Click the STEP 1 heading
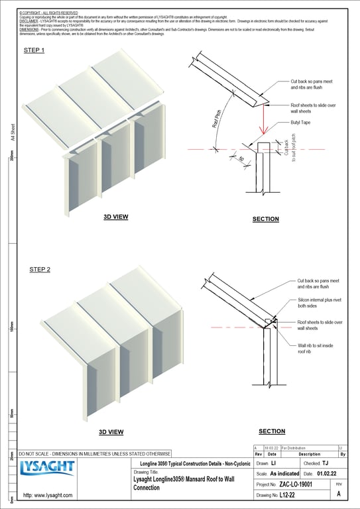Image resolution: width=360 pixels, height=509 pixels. pyautogui.click(x=34, y=50)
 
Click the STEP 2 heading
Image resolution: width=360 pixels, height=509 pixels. pyautogui.click(x=40, y=270)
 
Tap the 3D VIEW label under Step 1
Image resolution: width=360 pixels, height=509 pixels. pyautogui.click(x=115, y=217)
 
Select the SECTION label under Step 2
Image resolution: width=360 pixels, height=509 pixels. pyautogui.click(x=272, y=431)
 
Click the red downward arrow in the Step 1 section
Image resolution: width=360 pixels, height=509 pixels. pyautogui.click(x=263, y=122)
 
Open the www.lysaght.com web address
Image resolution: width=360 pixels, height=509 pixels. pyautogui.click(x=48, y=495)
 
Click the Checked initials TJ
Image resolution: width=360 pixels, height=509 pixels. pyautogui.click(x=325, y=463)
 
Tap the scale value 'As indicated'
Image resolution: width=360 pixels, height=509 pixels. pyautogui.click(x=286, y=474)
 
